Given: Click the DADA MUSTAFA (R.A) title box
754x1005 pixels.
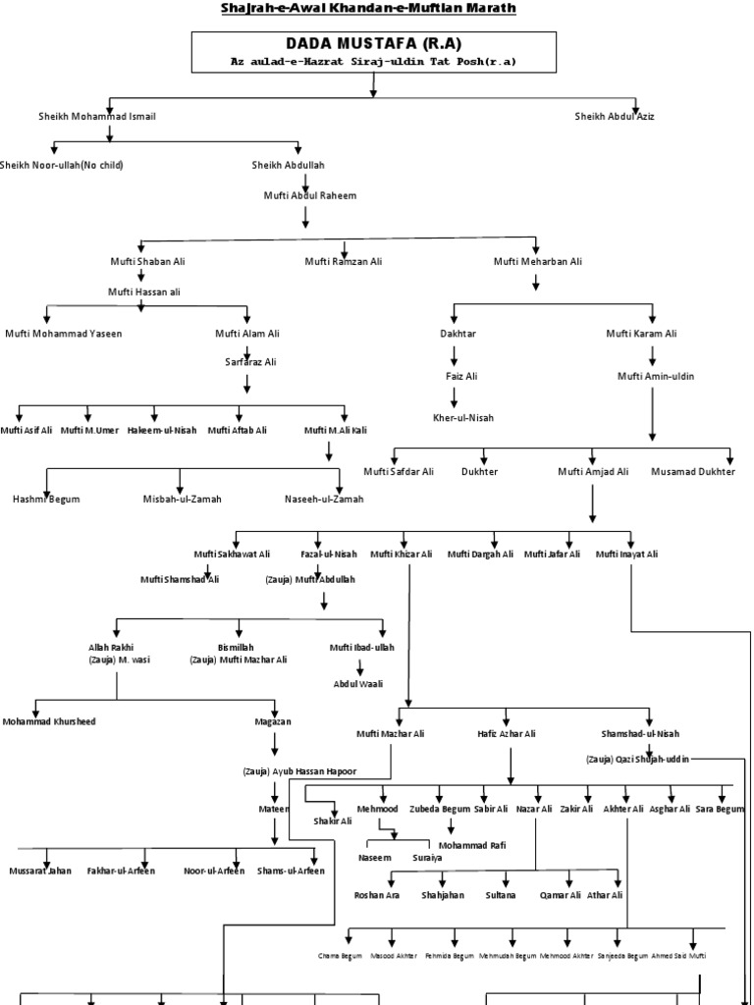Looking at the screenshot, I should point(373,51).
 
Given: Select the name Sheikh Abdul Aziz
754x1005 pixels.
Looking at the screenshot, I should point(615,116).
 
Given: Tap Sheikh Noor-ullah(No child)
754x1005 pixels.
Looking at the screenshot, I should point(62,164).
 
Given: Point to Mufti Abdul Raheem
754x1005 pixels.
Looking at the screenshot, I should point(309,195).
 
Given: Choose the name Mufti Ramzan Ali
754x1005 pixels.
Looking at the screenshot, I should point(343,261).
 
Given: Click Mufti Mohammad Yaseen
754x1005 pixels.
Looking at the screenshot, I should point(64,334).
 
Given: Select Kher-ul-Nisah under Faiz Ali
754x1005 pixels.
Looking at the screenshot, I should point(462,417).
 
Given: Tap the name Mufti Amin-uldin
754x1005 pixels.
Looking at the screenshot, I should point(654,375).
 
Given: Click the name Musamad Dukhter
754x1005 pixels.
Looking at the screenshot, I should point(692,471).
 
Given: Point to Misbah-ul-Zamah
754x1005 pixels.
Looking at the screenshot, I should point(183,499).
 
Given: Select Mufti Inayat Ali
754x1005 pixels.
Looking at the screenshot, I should point(626,554).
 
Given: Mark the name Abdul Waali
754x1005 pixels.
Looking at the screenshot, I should point(357,683).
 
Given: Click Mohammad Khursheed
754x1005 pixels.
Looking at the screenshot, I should point(49,720).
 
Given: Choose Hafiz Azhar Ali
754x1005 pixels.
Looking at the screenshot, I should point(507,733).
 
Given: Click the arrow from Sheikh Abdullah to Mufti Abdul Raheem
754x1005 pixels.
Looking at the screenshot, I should point(306,182).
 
